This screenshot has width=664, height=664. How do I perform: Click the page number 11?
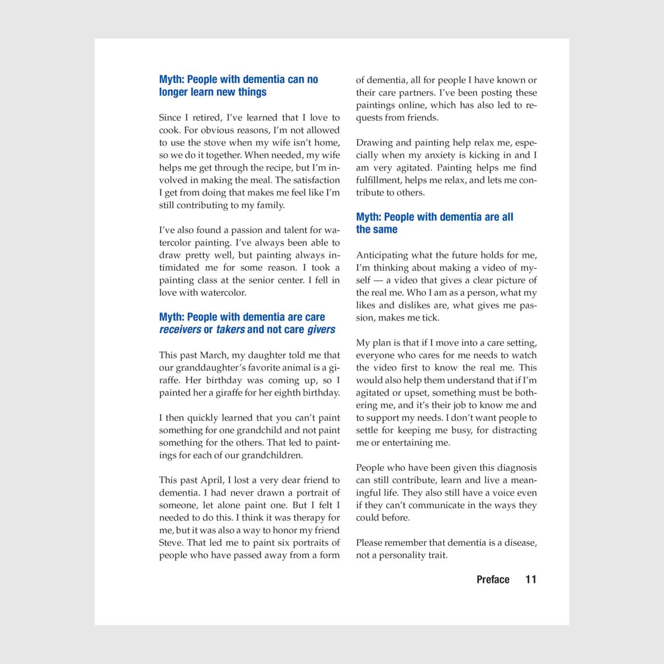tap(531, 579)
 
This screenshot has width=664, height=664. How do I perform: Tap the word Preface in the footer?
tap(493, 579)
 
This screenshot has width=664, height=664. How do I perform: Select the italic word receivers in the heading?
tap(180, 330)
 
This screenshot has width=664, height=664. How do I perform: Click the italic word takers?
tap(231, 330)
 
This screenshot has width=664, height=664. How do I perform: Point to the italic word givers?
tap(321, 330)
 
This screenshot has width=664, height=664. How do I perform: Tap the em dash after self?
tap(378, 280)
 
